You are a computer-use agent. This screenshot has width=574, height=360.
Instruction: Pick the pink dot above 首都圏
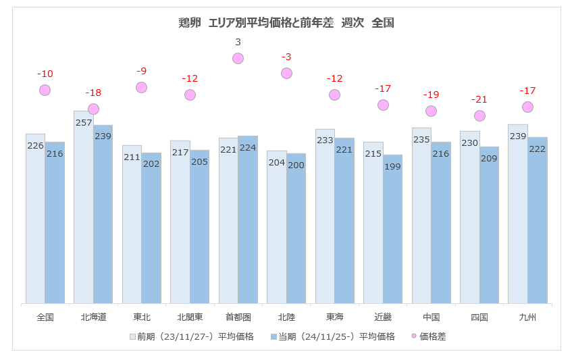point(238,58)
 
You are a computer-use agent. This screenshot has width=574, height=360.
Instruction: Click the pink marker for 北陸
point(286,73)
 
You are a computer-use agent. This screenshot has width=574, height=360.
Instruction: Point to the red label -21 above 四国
point(479,99)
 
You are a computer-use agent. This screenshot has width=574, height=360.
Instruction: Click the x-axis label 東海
point(334,317)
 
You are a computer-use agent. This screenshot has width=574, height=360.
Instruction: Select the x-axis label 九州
point(527,317)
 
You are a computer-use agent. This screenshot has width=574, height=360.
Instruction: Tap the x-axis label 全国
point(45,317)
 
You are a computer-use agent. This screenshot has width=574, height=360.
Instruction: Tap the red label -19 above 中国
point(431,95)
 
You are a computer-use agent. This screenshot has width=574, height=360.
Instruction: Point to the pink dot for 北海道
point(93,109)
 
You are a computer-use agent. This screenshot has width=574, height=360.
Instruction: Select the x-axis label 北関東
point(190,317)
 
